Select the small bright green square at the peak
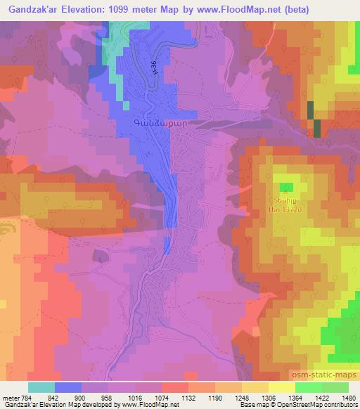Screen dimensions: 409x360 [286, 187]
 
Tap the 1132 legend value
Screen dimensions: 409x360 [188, 397]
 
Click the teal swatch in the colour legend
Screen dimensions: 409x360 [41, 387]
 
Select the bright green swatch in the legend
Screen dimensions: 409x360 [309, 387]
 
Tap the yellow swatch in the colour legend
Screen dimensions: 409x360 [282, 387]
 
